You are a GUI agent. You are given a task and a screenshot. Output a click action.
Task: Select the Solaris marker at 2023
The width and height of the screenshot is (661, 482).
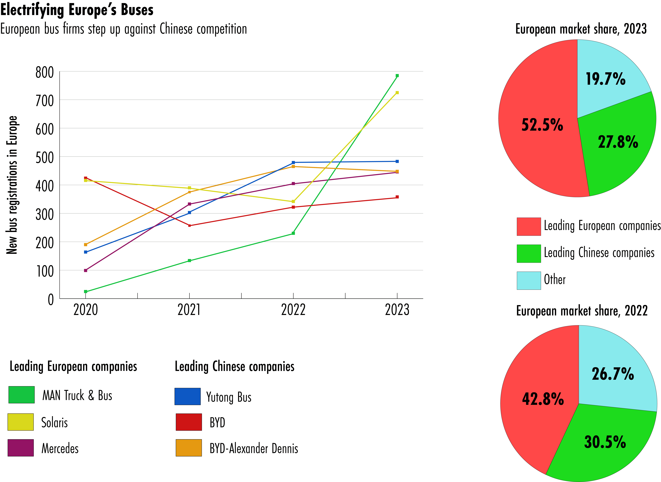(397, 93)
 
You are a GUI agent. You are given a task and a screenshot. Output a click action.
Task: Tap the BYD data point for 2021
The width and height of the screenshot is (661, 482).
(189, 226)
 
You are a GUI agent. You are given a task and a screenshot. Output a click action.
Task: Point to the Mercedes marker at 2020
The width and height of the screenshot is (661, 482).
(86, 270)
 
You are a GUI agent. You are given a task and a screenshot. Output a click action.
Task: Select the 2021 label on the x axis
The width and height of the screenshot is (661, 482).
(189, 310)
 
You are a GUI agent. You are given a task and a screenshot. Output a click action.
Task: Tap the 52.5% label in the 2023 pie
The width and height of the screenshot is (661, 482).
(542, 125)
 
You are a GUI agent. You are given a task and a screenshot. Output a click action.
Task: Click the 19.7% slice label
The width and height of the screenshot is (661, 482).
(606, 79)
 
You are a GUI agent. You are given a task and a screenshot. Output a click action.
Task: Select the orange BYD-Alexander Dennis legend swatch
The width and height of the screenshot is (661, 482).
(189, 448)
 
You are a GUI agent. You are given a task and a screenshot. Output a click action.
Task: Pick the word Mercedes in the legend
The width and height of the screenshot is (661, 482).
(60, 448)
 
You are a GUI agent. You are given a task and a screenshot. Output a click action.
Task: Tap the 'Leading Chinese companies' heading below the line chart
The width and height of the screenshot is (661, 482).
(234, 366)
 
